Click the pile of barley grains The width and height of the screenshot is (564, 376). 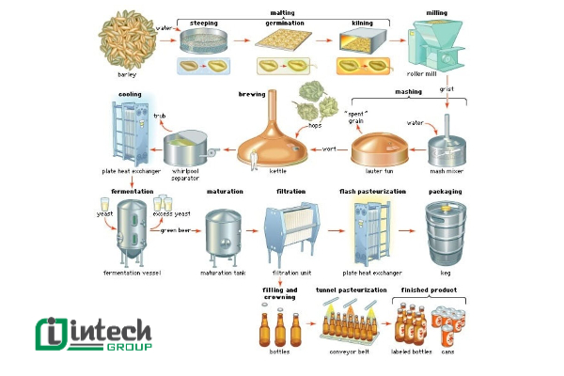[125, 45]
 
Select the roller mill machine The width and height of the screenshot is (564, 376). [433, 51]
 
